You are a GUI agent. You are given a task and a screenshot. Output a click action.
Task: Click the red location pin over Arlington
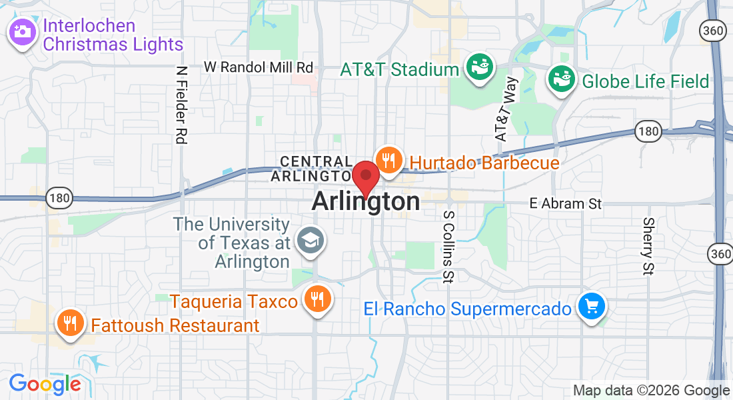point(366,177)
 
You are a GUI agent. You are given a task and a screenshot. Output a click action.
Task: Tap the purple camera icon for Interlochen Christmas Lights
point(22,31)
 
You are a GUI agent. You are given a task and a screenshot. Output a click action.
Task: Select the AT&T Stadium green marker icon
point(479,67)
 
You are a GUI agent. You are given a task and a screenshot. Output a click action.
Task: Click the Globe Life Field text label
point(645,81)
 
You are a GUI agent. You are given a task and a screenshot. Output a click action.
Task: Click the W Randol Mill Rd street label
point(259,67)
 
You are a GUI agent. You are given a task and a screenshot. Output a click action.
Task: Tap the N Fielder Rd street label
point(181,105)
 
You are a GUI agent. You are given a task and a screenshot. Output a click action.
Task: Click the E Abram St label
point(565,203)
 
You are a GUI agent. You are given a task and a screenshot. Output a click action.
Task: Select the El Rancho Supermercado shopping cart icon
point(591,307)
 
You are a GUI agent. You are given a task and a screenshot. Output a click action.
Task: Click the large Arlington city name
point(366,201)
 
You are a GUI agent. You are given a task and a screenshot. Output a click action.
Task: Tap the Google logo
point(45,384)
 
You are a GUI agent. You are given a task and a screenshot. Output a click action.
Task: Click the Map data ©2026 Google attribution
point(651,391)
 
